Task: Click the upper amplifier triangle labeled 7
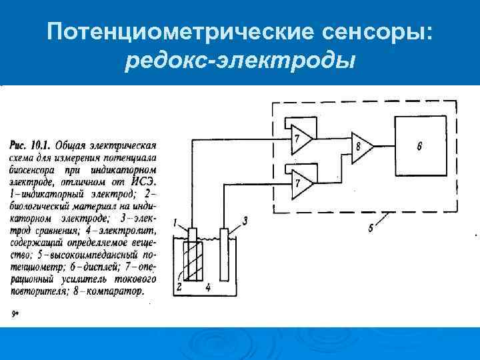[x=300, y=137]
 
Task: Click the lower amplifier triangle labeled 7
[x=300, y=181]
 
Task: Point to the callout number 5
[x=371, y=228]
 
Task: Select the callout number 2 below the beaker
[x=179, y=287]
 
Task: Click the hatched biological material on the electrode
[x=193, y=261]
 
